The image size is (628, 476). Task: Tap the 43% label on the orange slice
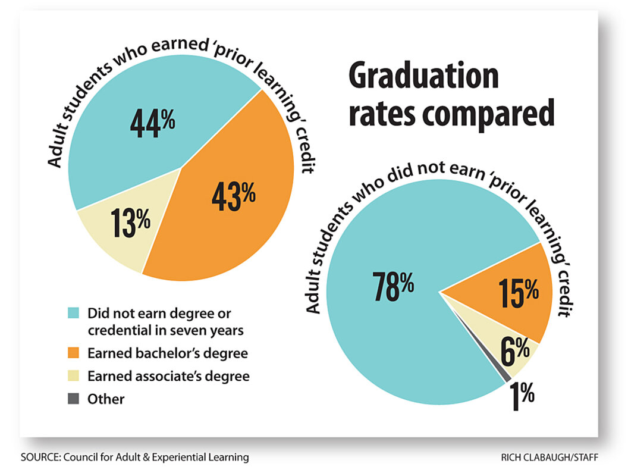[x=233, y=196]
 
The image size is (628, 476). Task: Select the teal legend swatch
[x=73, y=312]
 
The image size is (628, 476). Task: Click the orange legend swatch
[x=73, y=353]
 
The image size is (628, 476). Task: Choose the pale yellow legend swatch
[x=73, y=376]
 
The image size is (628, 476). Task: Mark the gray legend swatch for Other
[x=73, y=399]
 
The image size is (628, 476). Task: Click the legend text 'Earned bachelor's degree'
[x=167, y=353]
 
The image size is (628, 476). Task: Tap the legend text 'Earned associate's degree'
[x=168, y=376]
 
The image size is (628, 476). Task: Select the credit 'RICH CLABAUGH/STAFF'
[x=549, y=458]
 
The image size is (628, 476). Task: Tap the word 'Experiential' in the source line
[x=179, y=458]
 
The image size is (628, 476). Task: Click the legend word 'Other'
[x=106, y=399]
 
